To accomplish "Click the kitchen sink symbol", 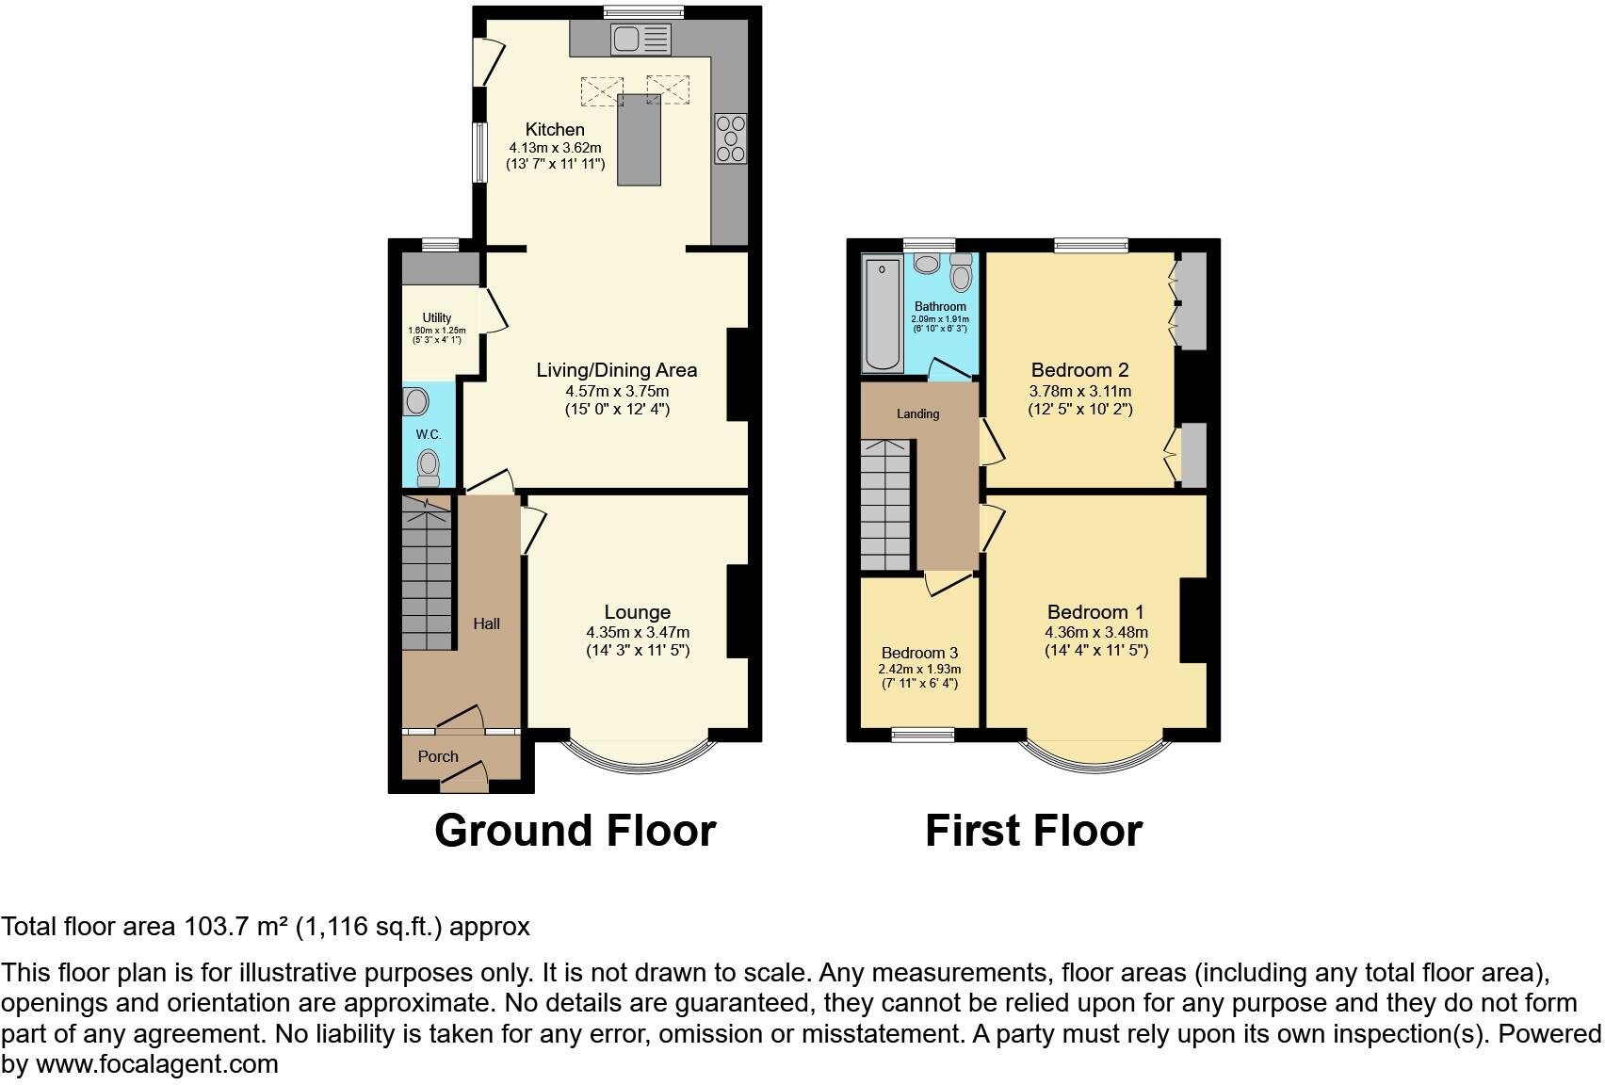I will click(x=640, y=40).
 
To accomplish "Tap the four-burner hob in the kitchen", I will click(x=731, y=138).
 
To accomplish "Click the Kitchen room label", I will click(x=555, y=130).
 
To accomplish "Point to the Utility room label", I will click(x=437, y=318).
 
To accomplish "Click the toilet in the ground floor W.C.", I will click(x=429, y=466).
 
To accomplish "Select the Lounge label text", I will click(x=638, y=613).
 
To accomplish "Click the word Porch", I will click(x=438, y=757).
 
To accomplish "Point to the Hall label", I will click(x=486, y=623).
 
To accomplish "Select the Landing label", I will click(x=917, y=413).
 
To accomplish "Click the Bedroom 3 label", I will click(x=919, y=654).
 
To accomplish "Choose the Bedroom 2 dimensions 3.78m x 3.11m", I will click(x=1079, y=391).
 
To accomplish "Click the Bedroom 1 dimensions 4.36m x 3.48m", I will click(x=1096, y=633).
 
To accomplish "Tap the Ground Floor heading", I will click(x=576, y=831).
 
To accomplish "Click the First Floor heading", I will click(x=1033, y=831).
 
